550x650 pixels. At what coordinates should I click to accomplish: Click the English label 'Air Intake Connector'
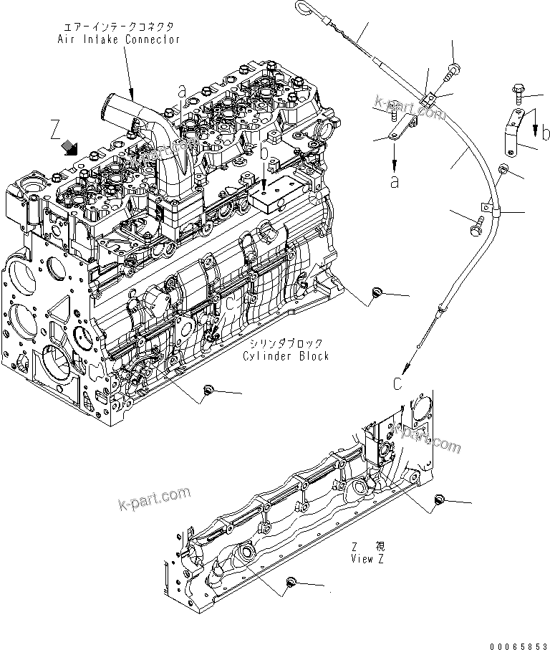tap(118, 39)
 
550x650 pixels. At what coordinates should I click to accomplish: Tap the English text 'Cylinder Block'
tap(286, 356)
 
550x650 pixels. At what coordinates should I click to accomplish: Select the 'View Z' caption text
tap(367, 559)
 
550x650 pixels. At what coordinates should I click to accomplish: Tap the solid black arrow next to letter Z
tap(71, 147)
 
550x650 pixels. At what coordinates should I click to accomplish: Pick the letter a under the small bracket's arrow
tap(394, 182)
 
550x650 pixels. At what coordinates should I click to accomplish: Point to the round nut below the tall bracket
tap(503, 169)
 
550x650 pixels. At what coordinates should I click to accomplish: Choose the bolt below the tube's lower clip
tap(478, 225)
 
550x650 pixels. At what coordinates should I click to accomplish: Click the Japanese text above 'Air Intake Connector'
tap(118, 27)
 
